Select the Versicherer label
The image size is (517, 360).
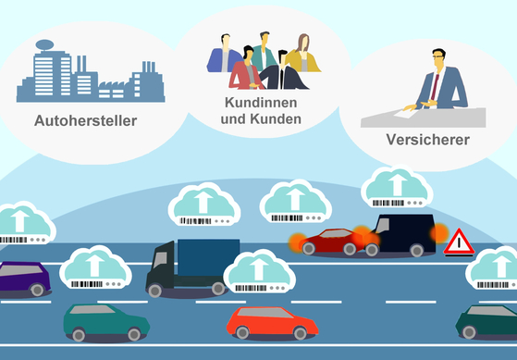coord(427,141)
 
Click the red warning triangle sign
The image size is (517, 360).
coord(459,243)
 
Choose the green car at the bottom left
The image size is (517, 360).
coord(105,321)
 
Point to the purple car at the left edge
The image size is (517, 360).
coord(22,279)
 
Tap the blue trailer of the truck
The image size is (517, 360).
coord(207,257)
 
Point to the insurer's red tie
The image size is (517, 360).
coord(434,87)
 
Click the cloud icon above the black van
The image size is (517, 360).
coord(396,186)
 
